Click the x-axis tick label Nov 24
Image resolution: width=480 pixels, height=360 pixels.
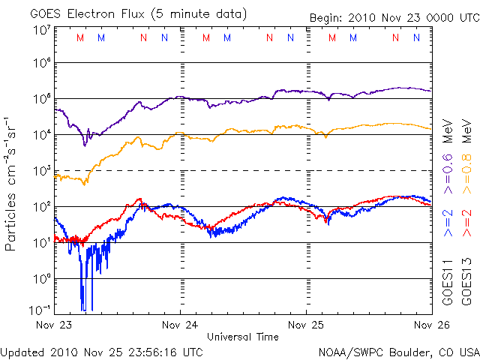[x=180, y=325]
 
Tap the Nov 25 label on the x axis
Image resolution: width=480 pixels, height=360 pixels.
[x=307, y=325]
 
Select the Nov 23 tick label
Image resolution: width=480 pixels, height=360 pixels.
[x=54, y=325]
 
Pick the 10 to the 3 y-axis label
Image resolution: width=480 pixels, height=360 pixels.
[x=42, y=171]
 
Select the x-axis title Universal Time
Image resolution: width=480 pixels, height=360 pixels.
[x=242, y=337]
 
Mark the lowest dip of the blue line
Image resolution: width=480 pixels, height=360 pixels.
[x=82, y=308]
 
